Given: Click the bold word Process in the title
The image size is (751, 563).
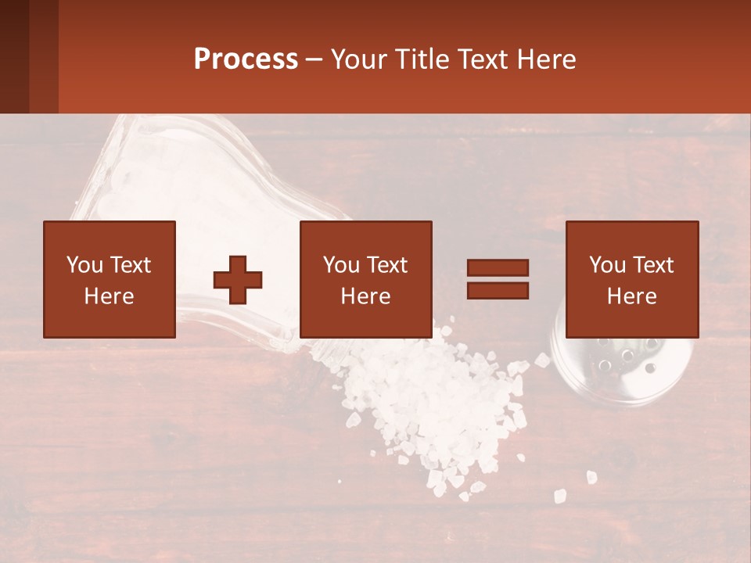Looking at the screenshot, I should point(246,59).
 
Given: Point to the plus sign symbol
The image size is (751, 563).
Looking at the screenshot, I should point(238,280).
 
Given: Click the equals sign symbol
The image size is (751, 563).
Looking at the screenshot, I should point(498,279).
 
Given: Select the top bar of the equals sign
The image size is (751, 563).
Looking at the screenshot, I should point(498,268).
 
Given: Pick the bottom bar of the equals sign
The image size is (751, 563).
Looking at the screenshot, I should point(498,290).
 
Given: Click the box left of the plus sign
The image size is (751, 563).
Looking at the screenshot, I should point(110,279).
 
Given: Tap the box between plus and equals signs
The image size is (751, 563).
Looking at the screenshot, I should point(366,279).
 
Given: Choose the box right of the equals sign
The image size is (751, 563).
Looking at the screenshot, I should point(632,279).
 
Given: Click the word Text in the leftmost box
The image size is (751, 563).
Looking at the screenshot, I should point(130,265).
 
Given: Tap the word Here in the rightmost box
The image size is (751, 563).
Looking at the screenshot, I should point(632,296).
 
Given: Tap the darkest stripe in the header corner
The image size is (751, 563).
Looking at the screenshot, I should point(14,56).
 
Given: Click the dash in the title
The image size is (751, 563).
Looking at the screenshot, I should point(314,59).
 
